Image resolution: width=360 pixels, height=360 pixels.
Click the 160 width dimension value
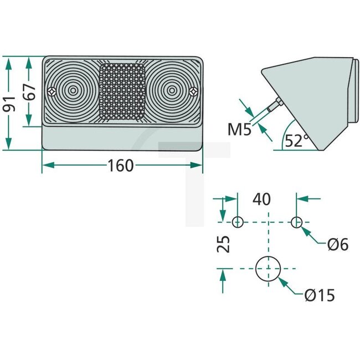click(x=121, y=165)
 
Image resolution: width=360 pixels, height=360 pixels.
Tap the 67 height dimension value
click(x=32, y=91)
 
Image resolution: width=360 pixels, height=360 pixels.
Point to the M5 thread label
click(x=239, y=131)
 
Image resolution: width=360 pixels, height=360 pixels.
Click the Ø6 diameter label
click(x=337, y=244)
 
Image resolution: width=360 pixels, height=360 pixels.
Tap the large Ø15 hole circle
click(x=268, y=269)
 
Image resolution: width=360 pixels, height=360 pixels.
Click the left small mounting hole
click(x=237, y=222)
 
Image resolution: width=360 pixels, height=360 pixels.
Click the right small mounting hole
click(x=297, y=222)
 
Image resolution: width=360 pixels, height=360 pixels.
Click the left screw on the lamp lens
click(x=52, y=91)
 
